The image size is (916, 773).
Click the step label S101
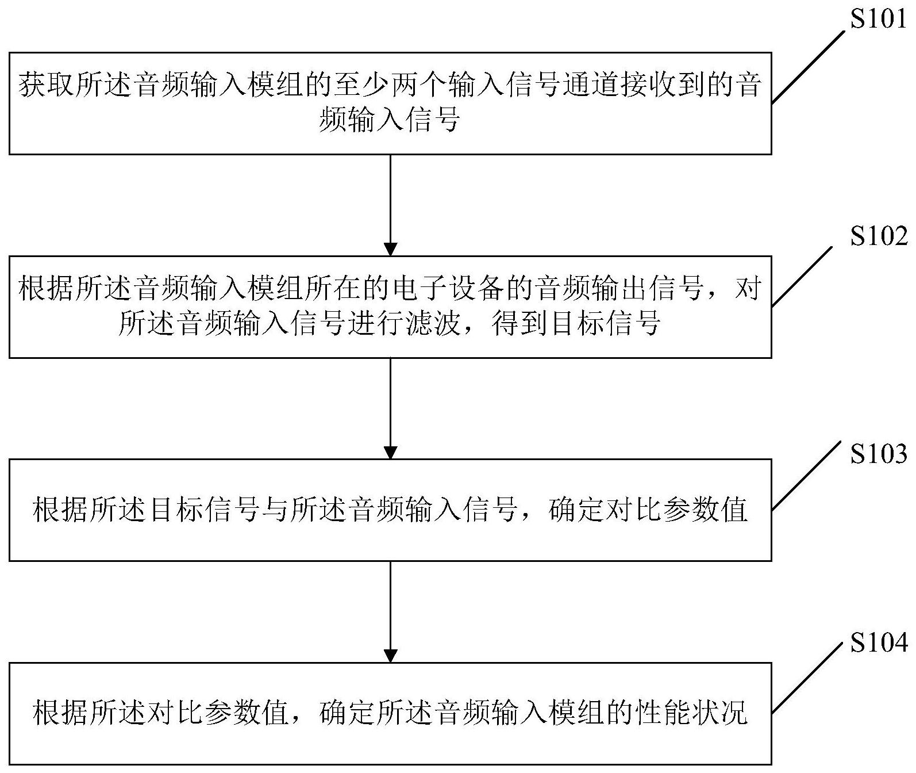pos(878,19)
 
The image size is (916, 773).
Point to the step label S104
pos(879,642)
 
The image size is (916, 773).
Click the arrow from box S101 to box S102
pos(390,205)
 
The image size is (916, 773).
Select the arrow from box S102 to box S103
pos(390,408)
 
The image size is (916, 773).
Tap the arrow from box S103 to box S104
pos(390,612)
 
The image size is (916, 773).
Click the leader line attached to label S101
pos(807,67)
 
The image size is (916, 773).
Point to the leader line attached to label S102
pos(802,276)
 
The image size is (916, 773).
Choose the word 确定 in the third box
pos(576,510)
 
